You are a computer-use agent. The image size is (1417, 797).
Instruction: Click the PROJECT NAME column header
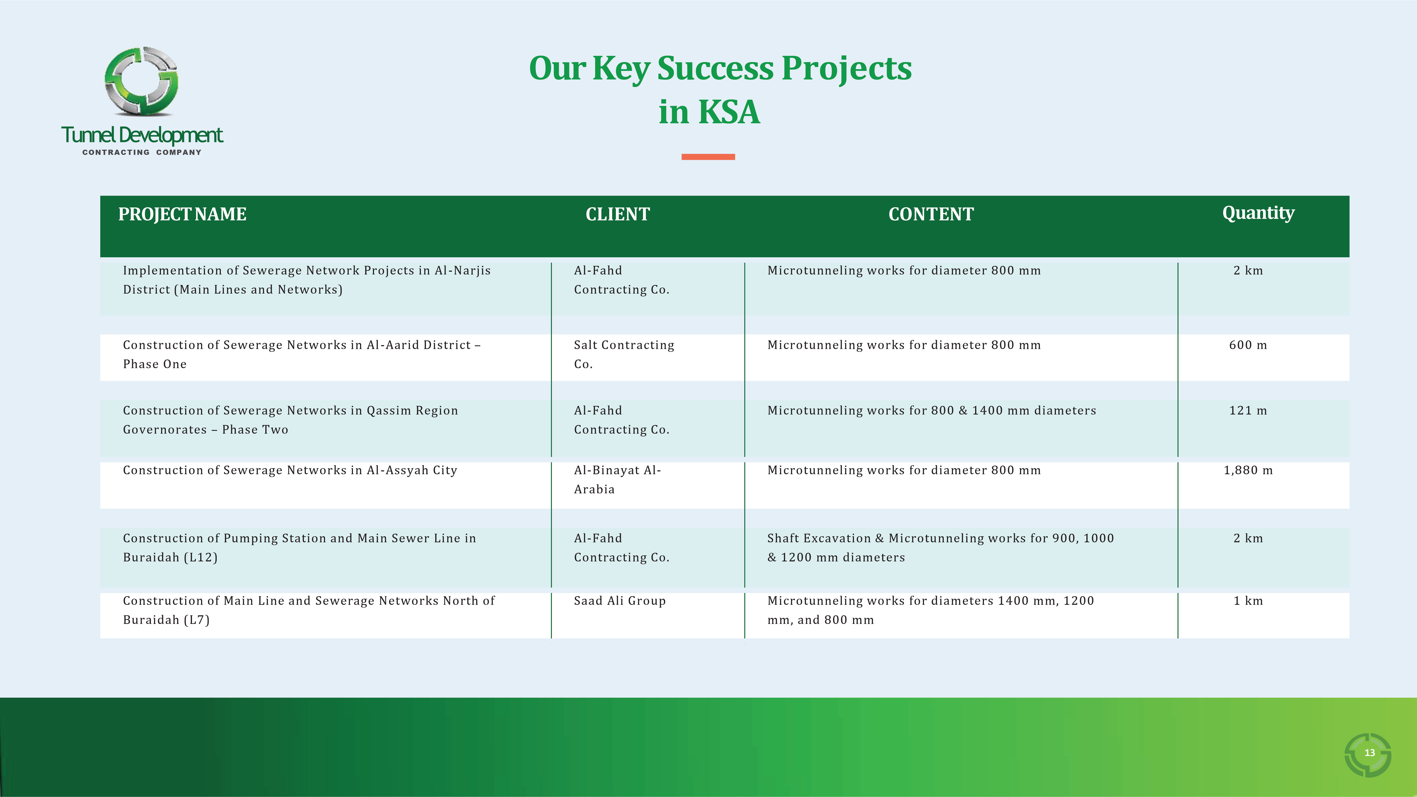pos(182,214)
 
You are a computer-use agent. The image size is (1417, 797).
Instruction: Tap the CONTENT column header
pos(931,214)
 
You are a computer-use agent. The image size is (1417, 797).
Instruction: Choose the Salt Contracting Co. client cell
pos(624,354)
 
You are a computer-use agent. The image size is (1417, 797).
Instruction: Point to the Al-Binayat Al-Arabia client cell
pos(617,480)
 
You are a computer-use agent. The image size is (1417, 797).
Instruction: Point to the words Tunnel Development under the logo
pos(142,135)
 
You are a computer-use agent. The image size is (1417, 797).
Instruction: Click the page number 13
pos(1369,753)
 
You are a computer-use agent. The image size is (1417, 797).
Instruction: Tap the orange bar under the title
pos(708,157)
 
